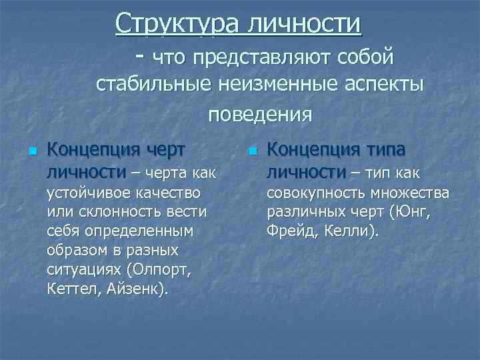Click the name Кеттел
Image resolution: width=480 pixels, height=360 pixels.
click(x=72, y=290)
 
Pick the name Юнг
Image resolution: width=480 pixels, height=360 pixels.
click(x=414, y=212)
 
